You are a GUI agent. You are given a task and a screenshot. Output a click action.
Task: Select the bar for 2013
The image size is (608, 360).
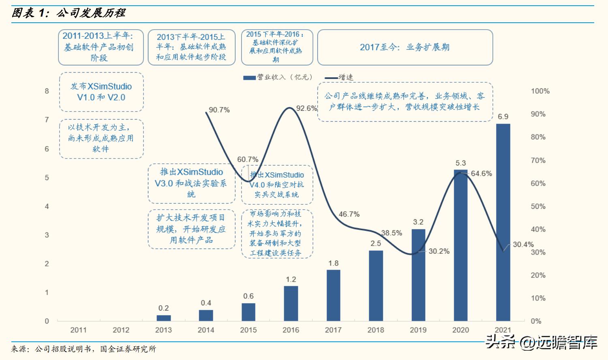tap(163, 318)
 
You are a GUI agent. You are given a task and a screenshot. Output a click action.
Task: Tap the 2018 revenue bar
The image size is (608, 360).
tap(376, 285)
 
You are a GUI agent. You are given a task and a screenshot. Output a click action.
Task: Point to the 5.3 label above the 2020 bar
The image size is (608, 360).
tap(460, 163)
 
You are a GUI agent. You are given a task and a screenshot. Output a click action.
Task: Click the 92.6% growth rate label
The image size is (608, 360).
tap(306, 108)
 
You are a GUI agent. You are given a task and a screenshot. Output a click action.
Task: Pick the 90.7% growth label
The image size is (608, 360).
tap(219, 110)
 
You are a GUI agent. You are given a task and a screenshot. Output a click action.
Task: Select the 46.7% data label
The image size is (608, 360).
tap(349, 214)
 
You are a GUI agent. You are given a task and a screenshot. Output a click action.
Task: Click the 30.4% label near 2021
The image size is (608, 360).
tap(523, 244)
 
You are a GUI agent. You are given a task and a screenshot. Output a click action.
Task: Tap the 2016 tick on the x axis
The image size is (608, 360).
tap(291, 330)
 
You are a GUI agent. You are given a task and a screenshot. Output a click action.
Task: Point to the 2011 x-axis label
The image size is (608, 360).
tap(78, 330)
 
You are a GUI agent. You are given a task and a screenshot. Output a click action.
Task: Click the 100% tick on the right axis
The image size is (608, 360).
tap(540, 91)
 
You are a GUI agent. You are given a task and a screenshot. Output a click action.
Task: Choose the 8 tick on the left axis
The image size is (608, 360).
tap(47, 91)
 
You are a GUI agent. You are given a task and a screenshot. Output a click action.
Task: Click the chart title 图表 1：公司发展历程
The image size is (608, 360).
tap(69, 13)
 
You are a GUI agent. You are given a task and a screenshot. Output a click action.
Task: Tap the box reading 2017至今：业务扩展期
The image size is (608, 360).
tap(405, 47)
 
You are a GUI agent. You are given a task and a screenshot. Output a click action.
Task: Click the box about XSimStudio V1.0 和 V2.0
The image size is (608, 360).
tap(101, 92)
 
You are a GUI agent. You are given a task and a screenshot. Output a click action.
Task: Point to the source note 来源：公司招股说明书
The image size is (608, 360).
tap(83, 349)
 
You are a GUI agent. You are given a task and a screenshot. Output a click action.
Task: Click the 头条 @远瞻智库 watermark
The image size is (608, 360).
tap(542, 343)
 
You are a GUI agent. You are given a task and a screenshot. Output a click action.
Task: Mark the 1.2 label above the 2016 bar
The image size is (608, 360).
tap(291, 279)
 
